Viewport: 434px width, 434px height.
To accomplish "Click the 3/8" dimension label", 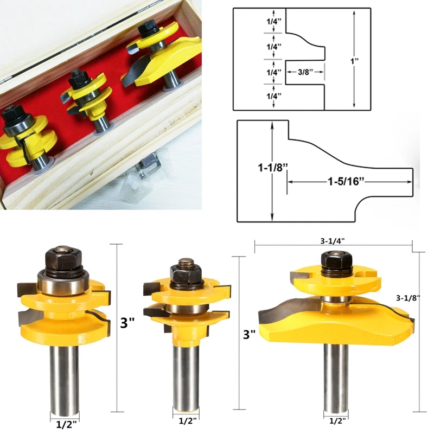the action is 305,72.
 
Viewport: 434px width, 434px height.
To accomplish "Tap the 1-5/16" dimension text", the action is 346,182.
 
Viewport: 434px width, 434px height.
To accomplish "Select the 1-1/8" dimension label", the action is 273,168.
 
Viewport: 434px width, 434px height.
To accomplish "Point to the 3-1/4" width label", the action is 333,241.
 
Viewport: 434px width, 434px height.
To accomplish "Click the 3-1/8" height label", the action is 409,298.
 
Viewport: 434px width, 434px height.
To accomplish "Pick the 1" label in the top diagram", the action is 355,61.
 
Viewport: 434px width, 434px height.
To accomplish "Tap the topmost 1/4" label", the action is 274,21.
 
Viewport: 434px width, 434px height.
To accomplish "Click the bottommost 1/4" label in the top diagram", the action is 274,96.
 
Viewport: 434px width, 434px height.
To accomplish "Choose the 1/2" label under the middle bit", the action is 187,422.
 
